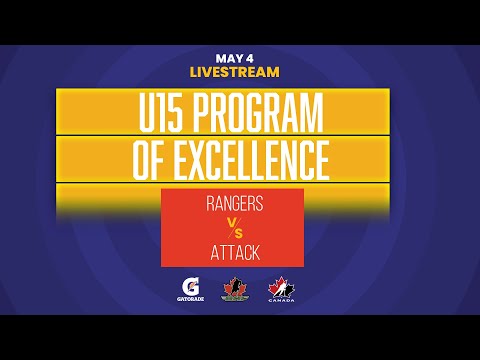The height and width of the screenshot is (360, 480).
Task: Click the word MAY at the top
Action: tap(227, 57)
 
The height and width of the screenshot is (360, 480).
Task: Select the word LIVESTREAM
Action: tap(234, 72)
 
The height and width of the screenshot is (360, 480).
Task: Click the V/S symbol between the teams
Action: tap(232, 229)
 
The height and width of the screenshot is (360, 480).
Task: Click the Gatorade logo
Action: tap(186, 287)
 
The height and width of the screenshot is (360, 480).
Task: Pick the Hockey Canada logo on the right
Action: tap(279, 287)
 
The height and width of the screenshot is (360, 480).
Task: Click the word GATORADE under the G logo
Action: tap(186, 299)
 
